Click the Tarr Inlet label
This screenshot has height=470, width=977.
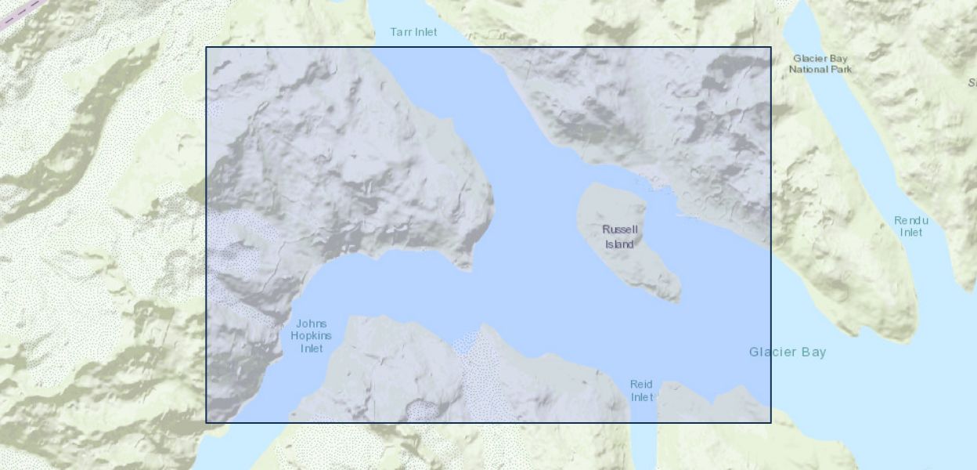(x=413, y=32)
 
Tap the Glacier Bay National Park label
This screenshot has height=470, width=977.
(x=820, y=63)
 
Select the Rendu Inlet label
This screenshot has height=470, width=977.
(x=910, y=226)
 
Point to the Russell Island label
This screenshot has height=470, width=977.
(x=620, y=237)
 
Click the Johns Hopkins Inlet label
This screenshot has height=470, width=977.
(x=312, y=336)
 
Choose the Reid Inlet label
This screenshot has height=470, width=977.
(x=641, y=390)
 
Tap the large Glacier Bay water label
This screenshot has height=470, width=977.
(x=787, y=352)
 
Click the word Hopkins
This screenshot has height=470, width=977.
(x=312, y=336)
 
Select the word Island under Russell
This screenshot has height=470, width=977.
(x=619, y=244)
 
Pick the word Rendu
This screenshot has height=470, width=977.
(x=910, y=221)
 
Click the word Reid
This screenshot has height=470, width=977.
(x=641, y=385)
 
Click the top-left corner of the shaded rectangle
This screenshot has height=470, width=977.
(x=207, y=48)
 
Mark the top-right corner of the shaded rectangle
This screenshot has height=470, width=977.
(x=771, y=48)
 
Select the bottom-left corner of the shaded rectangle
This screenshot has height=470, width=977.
(x=207, y=422)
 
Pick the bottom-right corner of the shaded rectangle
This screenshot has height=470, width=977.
(x=771, y=422)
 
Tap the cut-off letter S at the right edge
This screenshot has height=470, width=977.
(x=972, y=82)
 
